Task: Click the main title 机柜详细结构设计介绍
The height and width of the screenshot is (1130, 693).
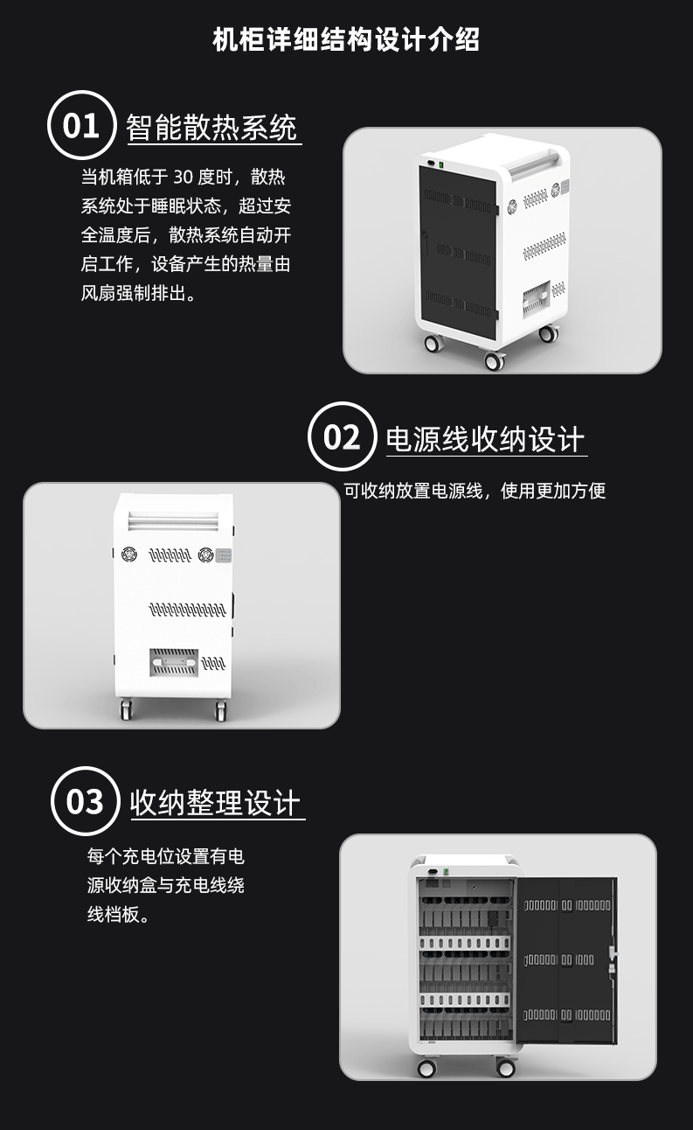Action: tap(346, 38)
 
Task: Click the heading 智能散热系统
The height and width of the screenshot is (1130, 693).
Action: tap(211, 127)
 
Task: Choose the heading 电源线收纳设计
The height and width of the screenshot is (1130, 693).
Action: tap(485, 439)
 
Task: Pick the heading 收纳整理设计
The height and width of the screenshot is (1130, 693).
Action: tap(215, 802)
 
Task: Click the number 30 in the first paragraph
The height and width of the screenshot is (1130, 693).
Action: tap(183, 177)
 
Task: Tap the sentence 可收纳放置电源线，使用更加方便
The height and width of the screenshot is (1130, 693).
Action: tap(475, 491)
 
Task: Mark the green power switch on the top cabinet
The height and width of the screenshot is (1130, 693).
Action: tap(440, 164)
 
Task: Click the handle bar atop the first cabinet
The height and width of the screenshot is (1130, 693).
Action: tap(532, 163)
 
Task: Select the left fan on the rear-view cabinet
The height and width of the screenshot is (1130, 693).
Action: tap(130, 554)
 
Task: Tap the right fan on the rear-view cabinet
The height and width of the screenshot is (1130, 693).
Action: tap(205, 555)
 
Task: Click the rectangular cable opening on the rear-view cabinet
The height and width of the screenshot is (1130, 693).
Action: tap(173, 662)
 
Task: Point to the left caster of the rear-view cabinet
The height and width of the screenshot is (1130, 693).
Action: tap(126, 708)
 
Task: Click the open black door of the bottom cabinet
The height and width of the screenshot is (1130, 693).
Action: tap(567, 960)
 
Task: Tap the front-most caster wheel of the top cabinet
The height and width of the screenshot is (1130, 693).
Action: tap(494, 360)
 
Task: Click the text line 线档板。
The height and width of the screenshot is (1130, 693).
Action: tap(119, 915)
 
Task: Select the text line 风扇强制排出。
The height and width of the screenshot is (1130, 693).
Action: tap(139, 293)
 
